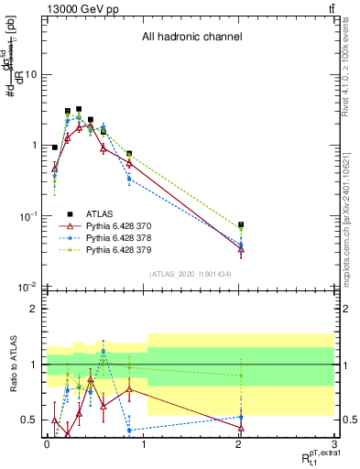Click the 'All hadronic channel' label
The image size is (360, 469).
[191, 38]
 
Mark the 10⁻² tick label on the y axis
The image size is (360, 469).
[29, 288]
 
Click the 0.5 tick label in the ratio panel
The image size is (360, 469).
[30, 420]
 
